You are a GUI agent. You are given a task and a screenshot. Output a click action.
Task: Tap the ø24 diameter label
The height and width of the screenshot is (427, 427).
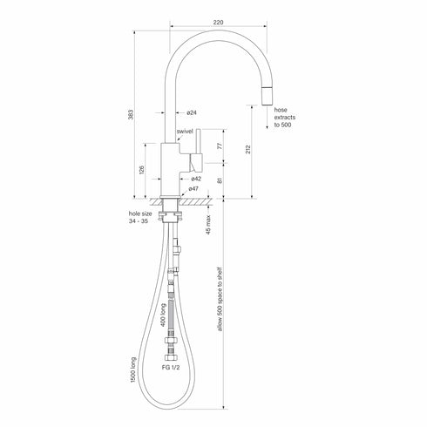pos(192,112)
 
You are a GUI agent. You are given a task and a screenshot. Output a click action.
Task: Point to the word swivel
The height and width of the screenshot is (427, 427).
pos(185,130)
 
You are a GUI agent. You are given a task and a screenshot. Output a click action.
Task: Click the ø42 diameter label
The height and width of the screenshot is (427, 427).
pos(196,178)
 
